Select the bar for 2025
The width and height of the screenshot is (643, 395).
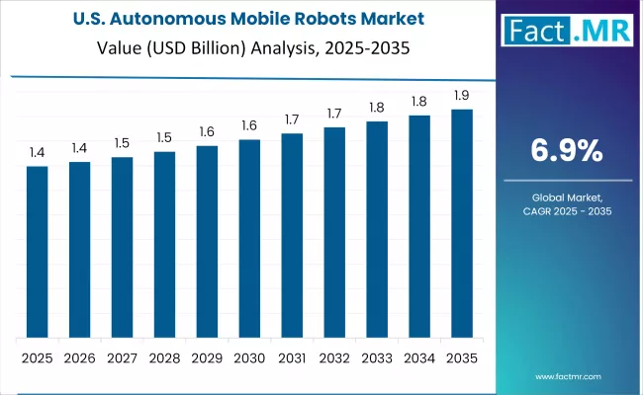point(37,252)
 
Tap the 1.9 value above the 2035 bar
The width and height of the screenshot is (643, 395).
point(462,95)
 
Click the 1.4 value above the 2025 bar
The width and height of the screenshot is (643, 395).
point(37,152)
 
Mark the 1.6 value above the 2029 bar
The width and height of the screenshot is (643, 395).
point(207,131)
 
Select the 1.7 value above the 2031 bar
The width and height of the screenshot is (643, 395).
point(292,119)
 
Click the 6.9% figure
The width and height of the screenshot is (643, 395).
point(567,150)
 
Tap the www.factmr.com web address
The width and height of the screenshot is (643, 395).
point(568,376)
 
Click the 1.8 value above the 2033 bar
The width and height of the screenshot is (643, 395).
point(377,108)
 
